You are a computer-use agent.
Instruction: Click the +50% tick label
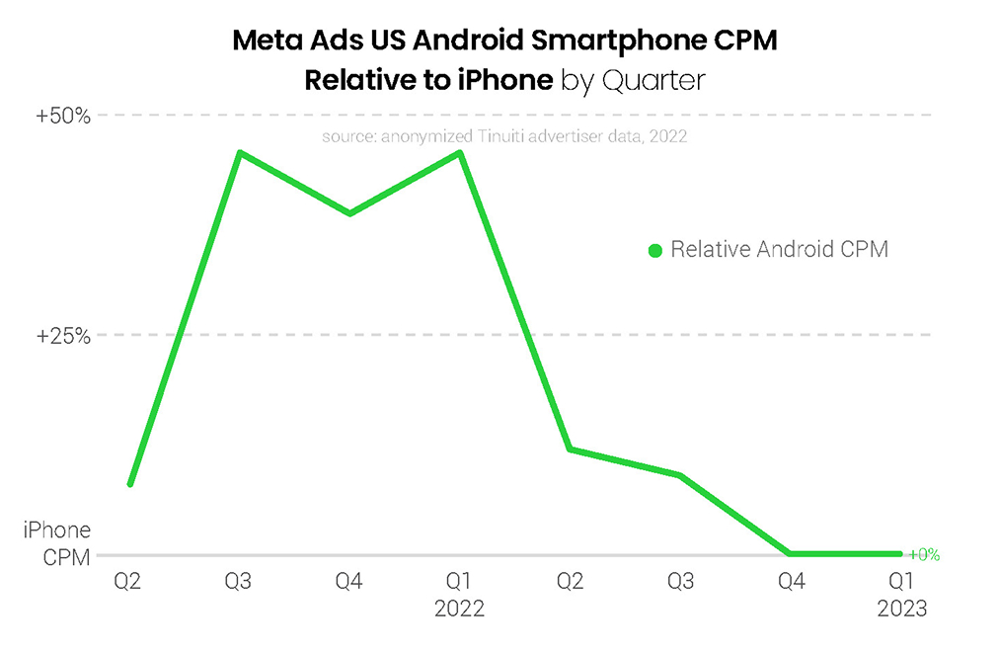64,116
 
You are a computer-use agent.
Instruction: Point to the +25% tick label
64,335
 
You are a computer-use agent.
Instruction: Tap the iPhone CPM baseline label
57,543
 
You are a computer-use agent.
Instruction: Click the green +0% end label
923,555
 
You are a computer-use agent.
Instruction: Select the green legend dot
654,251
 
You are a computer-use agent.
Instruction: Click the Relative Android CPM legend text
779,250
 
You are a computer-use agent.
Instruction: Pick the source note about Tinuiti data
503,136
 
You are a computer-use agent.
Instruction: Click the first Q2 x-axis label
128,583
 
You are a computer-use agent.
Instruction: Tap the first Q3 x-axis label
238,583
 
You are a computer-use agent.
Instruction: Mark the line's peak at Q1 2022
460,152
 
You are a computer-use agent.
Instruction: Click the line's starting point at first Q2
130,484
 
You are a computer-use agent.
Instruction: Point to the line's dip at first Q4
349,213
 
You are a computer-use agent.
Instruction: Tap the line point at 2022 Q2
570,449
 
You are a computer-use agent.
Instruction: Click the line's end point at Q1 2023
899,554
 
